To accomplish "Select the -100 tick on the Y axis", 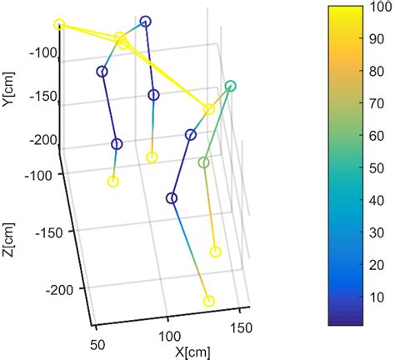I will coord(39,55).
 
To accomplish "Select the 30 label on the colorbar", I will coord(370,232).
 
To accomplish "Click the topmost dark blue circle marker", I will coord(146,22).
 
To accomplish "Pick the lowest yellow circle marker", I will coord(209,301).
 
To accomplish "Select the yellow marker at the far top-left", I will coord(59,25).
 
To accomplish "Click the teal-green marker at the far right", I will coord(231,86).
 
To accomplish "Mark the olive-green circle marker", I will coord(203,162).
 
